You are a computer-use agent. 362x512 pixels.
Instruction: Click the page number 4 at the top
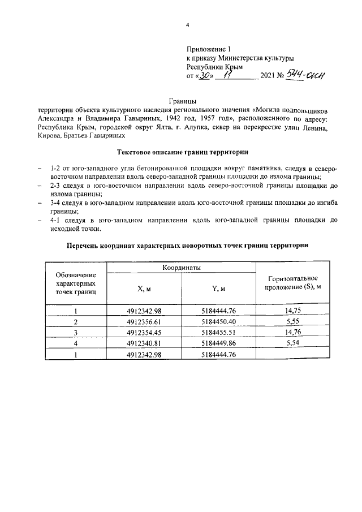point(187,25)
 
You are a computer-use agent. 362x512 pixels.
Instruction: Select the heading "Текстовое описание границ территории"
point(183,152)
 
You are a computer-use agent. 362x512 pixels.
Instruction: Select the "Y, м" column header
point(218,289)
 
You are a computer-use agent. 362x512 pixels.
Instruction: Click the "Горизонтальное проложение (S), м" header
point(293,283)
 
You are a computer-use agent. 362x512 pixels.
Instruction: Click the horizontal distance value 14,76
point(293,333)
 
